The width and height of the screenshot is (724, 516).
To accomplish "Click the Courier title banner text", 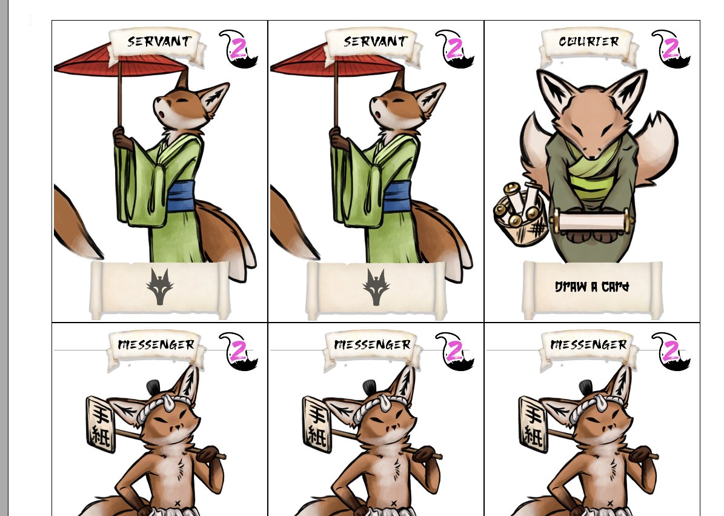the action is coord(589,42).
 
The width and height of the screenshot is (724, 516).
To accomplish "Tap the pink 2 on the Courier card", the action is coord(671,47).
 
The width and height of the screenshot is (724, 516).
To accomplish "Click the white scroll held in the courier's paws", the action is coord(593,221).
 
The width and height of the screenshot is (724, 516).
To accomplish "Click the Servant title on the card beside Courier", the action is coord(376,42).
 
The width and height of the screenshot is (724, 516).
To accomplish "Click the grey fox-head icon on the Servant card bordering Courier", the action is coord(376,287).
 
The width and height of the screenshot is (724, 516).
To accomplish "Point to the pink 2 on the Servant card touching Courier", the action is coord(455,47).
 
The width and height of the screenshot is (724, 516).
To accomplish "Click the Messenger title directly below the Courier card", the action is coord(589,344).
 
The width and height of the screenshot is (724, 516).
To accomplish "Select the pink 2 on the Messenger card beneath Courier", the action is coord(671,350).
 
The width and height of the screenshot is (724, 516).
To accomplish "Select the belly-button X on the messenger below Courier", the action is coord(609,503).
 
